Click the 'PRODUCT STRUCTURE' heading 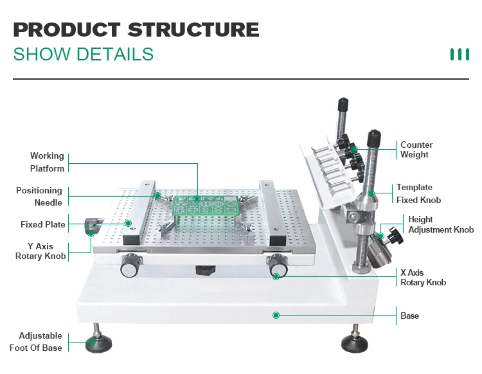click(x=136, y=30)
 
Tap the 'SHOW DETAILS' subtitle click(x=83, y=54)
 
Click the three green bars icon click(x=459, y=54)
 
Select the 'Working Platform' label click(x=47, y=162)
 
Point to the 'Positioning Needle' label click(x=39, y=197)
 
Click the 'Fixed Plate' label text click(x=42, y=224)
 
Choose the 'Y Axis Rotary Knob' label click(x=40, y=251)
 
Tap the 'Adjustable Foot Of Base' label click(x=36, y=341)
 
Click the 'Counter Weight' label click(x=416, y=150)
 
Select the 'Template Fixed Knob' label click(x=418, y=193)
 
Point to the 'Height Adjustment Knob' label click(x=440, y=224)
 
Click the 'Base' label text click(x=409, y=316)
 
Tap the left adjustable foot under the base click(x=96, y=343)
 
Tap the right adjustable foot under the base click(x=354, y=343)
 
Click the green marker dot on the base click(x=276, y=315)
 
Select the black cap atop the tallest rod click(x=343, y=103)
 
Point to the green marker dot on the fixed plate click(x=129, y=224)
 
